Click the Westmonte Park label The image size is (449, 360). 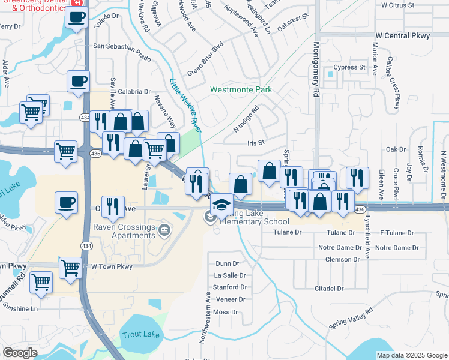click(241, 90)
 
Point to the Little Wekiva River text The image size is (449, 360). click(185, 105)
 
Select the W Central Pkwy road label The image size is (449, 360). click(404, 36)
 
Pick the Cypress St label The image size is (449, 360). click(349, 67)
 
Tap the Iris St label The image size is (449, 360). click(256, 142)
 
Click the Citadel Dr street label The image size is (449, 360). click(329, 289)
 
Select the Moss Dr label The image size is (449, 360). click(226, 312)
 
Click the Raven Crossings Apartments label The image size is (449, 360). click(124, 231)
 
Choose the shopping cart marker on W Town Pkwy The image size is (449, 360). click(70, 267)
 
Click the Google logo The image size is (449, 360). click(20, 353)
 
